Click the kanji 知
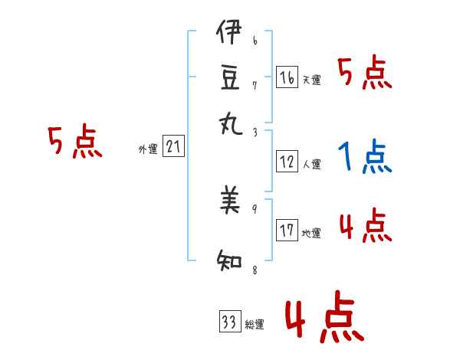point(229,260)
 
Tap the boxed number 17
point(287,231)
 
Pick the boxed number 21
point(172,147)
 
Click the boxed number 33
point(229,322)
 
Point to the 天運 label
point(311,80)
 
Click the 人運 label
point(311,164)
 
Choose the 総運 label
point(255,325)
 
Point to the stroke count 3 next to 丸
point(255,132)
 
